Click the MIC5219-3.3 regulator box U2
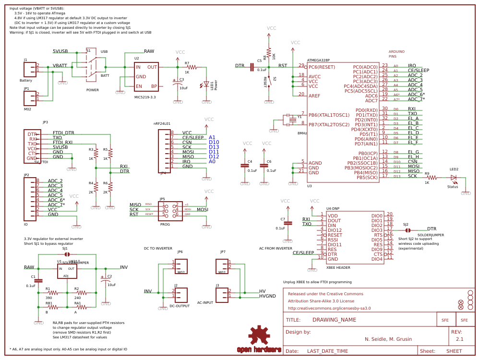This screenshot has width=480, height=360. (x=146, y=76)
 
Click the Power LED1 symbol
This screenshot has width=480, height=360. (x=206, y=84)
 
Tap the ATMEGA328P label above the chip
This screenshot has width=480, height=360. (x=318, y=60)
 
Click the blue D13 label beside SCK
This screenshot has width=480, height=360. (x=214, y=147)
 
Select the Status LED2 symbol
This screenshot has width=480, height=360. (x=453, y=177)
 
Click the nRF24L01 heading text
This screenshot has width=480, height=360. (x=162, y=123)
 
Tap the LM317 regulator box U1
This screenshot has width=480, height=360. (x=67, y=272)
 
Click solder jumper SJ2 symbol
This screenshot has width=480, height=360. (x=408, y=230)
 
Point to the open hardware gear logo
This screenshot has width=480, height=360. (x=259, y=335)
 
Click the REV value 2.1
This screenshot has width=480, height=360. (x=459, y=339)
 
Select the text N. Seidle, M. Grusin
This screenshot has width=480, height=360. (x=388, y=339)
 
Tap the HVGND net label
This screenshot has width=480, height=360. (x=267, y=296)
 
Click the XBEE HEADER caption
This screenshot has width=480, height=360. (x=338, y=268)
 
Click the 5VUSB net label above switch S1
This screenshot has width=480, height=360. (x=60, y=51)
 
